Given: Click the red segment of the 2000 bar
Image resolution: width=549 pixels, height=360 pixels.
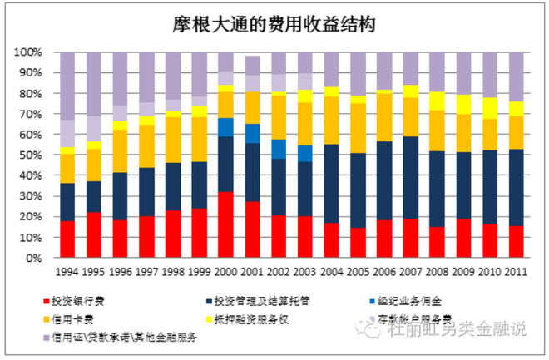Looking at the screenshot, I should [225, 224].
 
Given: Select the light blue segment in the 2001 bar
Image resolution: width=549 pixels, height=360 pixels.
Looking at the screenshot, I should [252, 133].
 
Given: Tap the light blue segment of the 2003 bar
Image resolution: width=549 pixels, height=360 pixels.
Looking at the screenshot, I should [304, 153].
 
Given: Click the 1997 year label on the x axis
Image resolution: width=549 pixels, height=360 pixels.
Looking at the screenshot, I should [146, 272].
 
